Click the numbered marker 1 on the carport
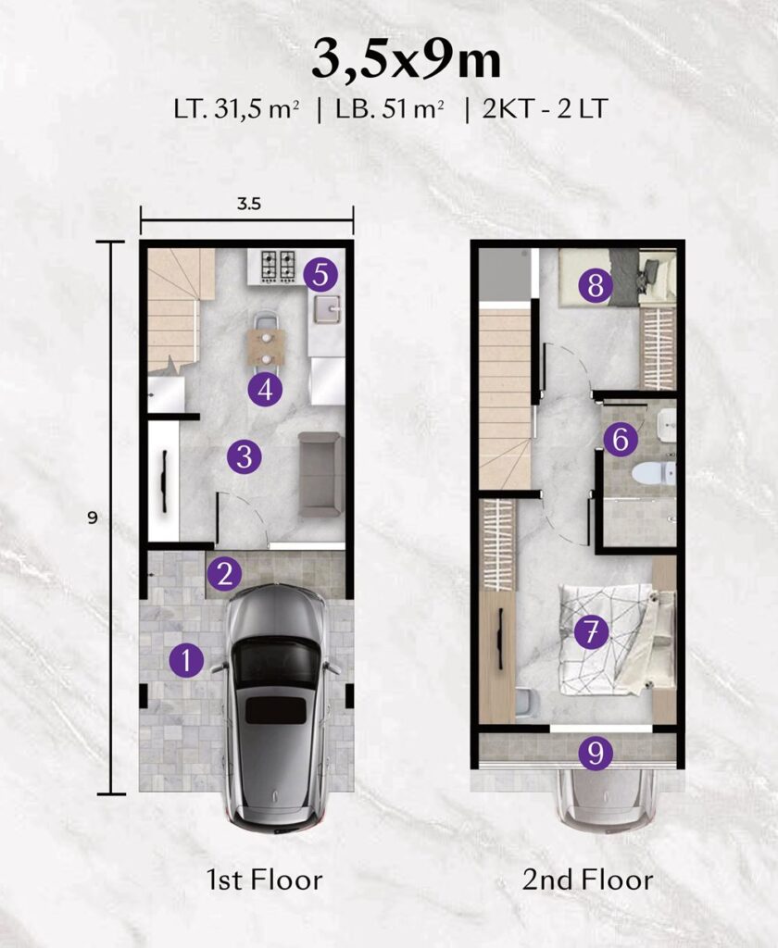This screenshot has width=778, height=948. pos(186,659)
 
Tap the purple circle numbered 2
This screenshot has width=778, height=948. pos(224,574)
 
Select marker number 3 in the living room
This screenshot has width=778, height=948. pos(245,456)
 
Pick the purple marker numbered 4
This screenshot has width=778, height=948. pos(266,390)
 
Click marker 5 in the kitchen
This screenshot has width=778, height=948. pos(320,275)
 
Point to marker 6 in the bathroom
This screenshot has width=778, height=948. pos(621,439)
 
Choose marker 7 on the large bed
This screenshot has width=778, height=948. pos(592,632)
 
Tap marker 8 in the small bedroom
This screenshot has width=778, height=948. pos(596,284)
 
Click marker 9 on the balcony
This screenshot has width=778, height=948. pos(596,754)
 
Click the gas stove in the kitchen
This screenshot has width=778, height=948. pos(278,267)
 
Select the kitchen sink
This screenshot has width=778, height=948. pos(327,311)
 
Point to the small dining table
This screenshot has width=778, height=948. pos(266,347)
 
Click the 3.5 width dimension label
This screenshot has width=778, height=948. pos(248,204)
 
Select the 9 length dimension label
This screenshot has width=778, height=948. pos(93,518)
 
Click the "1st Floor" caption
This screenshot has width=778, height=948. pos(264,879)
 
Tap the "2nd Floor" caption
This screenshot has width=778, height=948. pos(587,879)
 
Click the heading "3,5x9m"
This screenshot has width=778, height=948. pos(407,61)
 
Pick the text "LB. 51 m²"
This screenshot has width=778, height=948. pos(390,110)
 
